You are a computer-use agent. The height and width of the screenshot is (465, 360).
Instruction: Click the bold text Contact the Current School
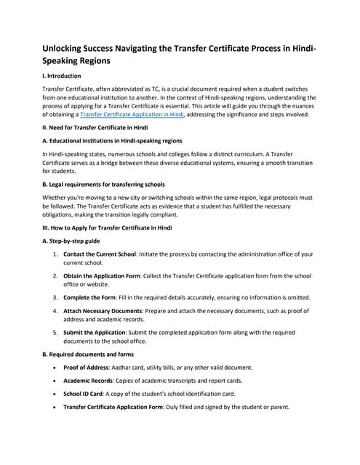point(108,254)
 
